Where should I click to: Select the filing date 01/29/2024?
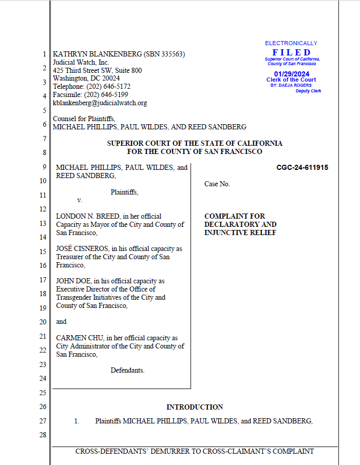[x=291, y=74]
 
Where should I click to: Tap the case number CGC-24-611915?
[x=302, y=167]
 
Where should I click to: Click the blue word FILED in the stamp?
[x=291, y=52]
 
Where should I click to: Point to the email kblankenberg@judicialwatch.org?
[x=100, y=103]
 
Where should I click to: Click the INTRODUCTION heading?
[x=194, y=407]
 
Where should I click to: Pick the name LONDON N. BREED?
[x=83, y=217]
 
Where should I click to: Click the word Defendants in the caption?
[x=127, y=370]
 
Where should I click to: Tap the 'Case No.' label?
[x=217, y=184]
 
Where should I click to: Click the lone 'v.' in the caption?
[x=80, y=200]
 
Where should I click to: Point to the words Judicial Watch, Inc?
[x=81, y=62]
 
